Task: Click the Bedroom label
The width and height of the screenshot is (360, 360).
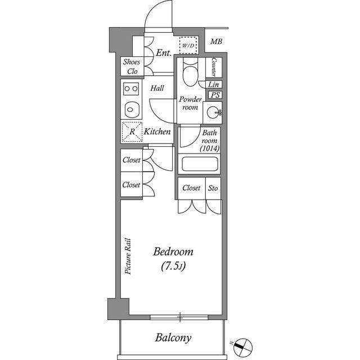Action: tap(173, 252)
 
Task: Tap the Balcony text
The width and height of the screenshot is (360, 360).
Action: tap(173, 338)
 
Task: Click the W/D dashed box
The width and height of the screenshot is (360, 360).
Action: tap(188, 45)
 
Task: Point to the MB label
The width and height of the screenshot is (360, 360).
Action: tap(216, 42)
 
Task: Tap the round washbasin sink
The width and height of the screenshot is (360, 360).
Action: tap(213, 112)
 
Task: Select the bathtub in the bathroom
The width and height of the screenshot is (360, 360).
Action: tap(200, 164)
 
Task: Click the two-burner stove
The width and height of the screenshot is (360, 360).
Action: tap(131, 89)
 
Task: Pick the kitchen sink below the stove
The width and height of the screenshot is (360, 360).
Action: tap(130, 110)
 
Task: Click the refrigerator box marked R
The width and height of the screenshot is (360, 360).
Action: tap(132, 132)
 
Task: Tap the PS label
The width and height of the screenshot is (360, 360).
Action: tap(215, 95)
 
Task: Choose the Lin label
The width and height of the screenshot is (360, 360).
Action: tap(213, 84)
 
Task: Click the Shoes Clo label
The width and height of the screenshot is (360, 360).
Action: tap(132, 66)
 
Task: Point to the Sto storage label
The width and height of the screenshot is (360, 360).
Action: tap(213, 188)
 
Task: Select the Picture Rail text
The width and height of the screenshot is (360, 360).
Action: tap(128, 256)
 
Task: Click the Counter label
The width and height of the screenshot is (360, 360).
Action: tap(214, 67)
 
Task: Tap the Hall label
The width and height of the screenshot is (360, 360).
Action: tap(157, 88)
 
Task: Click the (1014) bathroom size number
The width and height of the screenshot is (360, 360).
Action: tap(210, 148)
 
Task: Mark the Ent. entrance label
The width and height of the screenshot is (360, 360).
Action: tap(164, 53)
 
